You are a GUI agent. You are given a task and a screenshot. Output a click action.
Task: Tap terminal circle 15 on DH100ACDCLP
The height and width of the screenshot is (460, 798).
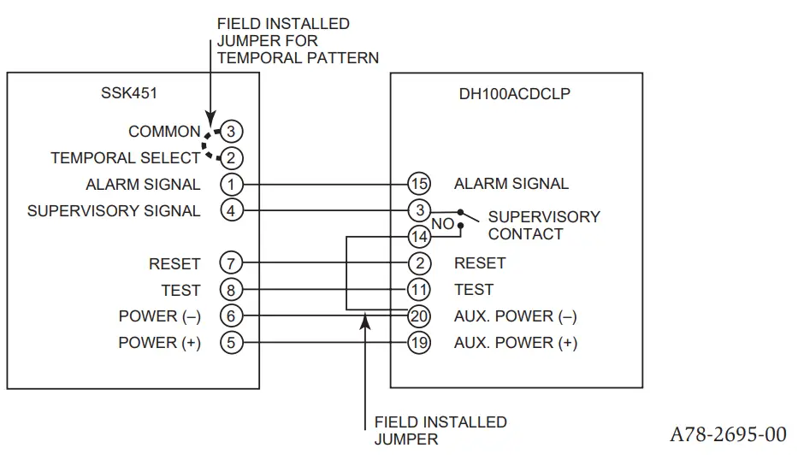pyautogui.click(x=419, y=184)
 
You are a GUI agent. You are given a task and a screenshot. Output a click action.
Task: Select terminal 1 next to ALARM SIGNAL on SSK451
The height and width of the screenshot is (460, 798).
pyautogui.click(x=231, y=184)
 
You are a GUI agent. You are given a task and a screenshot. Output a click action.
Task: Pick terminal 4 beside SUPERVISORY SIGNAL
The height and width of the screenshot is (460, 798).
pyautogui.click(x=231, y=210)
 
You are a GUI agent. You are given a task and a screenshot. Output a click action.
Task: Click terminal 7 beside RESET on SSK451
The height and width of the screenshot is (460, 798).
pyautogui.click(x=231, y=263)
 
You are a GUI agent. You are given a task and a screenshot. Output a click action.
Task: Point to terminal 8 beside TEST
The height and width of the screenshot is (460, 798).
pyautogui.click(x=231, y=290)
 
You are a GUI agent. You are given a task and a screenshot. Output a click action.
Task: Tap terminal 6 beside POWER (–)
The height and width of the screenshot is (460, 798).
pyautogui.click(x=231, y=316)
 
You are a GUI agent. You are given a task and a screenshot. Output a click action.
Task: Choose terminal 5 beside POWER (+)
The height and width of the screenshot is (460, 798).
pyautogui.click(x=231, y=343)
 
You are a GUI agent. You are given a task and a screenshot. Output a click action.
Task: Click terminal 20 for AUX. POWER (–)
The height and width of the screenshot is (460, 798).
pyautogui.click(x=419, y=316)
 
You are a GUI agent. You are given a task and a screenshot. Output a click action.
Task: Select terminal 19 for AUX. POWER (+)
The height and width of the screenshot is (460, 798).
pyautogui.click(x=419, y=343)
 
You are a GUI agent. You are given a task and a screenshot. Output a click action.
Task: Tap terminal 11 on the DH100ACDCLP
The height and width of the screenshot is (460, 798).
pyautogui.click(x=419, y=290)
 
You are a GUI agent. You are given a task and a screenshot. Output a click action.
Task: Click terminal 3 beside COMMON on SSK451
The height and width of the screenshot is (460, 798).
pyautogui.click(x=231, y=132)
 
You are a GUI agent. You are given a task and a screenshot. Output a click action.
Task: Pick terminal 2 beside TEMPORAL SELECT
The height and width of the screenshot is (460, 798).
pyautogui.click(x=231, y=157)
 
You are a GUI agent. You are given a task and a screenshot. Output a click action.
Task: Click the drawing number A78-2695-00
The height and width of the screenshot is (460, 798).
pyautogui.click(x=727, y=434)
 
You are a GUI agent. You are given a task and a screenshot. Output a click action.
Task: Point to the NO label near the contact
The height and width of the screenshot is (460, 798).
pyautogui.click(x=442, y=224)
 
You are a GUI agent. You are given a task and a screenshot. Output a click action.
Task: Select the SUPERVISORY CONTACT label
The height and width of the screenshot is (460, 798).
pyautogui.click(x=543, y=226)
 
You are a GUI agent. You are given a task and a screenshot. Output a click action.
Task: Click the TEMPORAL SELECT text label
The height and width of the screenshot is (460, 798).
pyautogui.click(x=125, y=158)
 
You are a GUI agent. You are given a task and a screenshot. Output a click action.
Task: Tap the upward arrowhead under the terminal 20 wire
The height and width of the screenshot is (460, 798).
pyautogui.click(x=365, y=320)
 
